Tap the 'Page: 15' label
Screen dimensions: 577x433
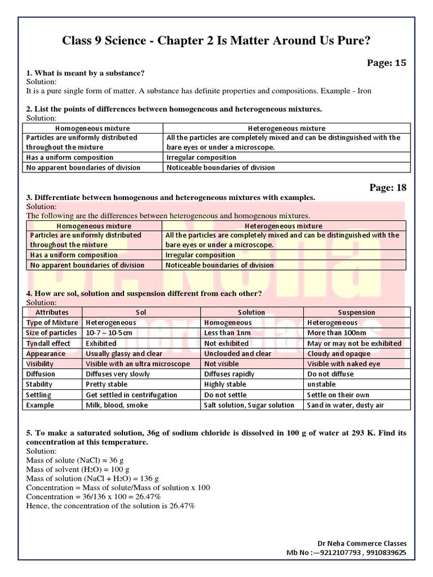[387, 63]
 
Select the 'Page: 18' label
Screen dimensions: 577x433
[387, 188]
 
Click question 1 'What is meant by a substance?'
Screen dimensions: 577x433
[85, 73]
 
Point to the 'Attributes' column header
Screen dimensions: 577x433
[52, 312]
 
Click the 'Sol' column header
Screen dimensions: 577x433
[141, 312]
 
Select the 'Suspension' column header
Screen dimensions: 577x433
[356, 312]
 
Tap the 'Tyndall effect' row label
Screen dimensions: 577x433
[48, 343]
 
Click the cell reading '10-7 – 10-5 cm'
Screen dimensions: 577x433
[109, 333]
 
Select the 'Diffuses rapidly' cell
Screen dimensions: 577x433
[229, 374]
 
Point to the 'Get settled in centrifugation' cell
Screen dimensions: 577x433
[131, 395]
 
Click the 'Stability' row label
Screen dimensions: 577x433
[39, 384]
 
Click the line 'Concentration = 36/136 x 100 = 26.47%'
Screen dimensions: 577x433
[94, 496]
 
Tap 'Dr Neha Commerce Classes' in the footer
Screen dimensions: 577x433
[362, 543]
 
